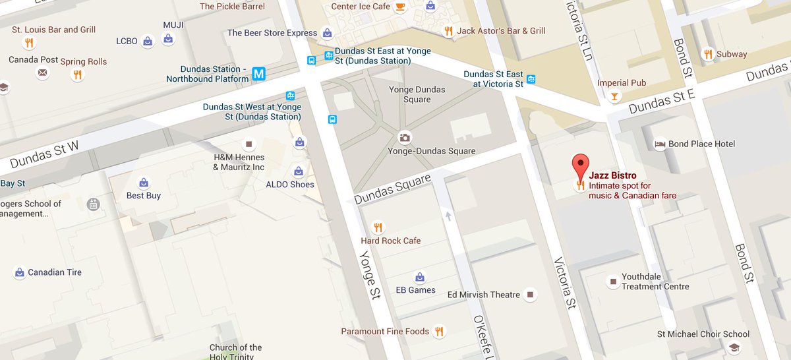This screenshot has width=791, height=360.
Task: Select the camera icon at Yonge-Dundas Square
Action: pos(405,138)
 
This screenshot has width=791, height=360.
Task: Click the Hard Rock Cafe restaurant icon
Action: pos(378,227)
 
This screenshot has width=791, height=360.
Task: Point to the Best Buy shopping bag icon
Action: pos(143,183)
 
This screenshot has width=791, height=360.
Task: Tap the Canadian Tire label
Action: pos(55,272)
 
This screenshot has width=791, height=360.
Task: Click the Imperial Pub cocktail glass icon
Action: pos(614,97)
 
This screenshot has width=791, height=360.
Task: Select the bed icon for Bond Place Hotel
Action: pos(659,144)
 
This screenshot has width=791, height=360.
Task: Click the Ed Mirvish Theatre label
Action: pos(483,295)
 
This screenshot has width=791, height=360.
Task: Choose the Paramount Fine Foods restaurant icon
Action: pos(440,332)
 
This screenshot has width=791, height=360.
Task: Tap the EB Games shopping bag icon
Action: pos(419,277)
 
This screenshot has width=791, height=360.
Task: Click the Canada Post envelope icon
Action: pos(42,73)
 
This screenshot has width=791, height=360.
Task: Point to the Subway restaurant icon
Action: pos(708,54)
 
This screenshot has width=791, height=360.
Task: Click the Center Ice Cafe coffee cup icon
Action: pos(400,7)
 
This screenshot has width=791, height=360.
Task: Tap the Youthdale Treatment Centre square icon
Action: pos(613,282)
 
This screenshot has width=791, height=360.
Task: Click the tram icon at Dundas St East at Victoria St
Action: pos(531,79)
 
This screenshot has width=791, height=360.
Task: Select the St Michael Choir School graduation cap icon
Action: pos(734,347)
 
